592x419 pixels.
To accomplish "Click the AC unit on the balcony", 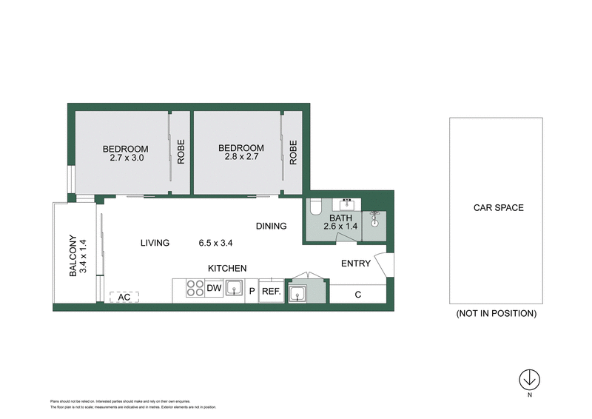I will tap(124, 297).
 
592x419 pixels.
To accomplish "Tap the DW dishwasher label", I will tap(214, 289).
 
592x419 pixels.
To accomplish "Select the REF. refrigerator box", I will tap(271, 292).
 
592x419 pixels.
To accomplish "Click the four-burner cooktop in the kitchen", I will tap(196, 289).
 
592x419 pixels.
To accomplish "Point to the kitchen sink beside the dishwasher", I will tap(235, 289).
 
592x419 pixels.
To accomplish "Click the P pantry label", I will tap(252, 292).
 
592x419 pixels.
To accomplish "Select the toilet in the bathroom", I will tap(314, 207).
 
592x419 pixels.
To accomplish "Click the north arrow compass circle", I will tap(529, 379).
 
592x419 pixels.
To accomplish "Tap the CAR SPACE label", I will tap(498, 208).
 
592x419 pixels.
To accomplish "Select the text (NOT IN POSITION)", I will tap(497, 313).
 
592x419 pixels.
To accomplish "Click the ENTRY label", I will tap(355, 264).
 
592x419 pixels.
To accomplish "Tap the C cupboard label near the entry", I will tap(357, 295).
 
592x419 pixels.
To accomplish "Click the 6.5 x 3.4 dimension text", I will tap(216, 243).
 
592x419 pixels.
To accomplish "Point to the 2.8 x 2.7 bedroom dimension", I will tap(240, 158).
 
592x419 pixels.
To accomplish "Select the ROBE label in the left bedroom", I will tap(179, 152).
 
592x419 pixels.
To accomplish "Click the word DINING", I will tap(271, 226).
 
